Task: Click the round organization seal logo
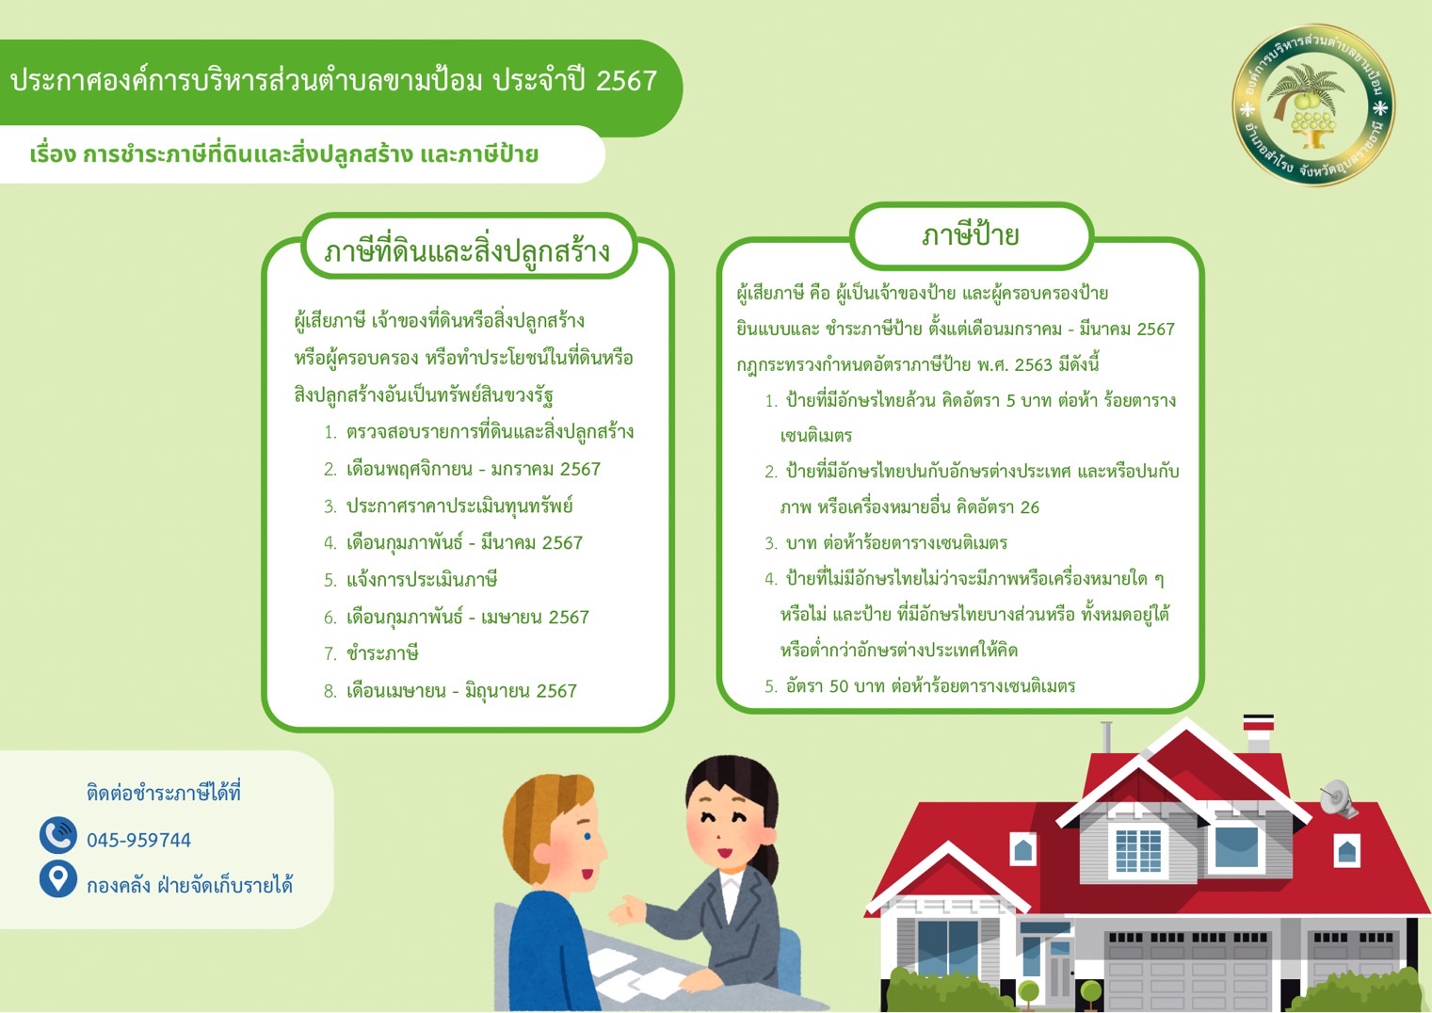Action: (1312, 105)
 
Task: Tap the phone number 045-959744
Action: (138, 840)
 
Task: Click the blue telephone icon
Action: (58, 835)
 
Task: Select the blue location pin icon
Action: (58, 878)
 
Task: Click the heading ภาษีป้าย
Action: (971, 235)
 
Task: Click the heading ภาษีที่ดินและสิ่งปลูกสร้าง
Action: (467, 251)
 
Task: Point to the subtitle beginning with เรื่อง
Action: (283, 154)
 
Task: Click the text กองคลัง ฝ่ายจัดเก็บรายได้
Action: (189, 885)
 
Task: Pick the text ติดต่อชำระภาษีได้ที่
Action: (164, 793)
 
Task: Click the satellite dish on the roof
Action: (1337, 799)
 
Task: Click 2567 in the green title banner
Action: (626, 81)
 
